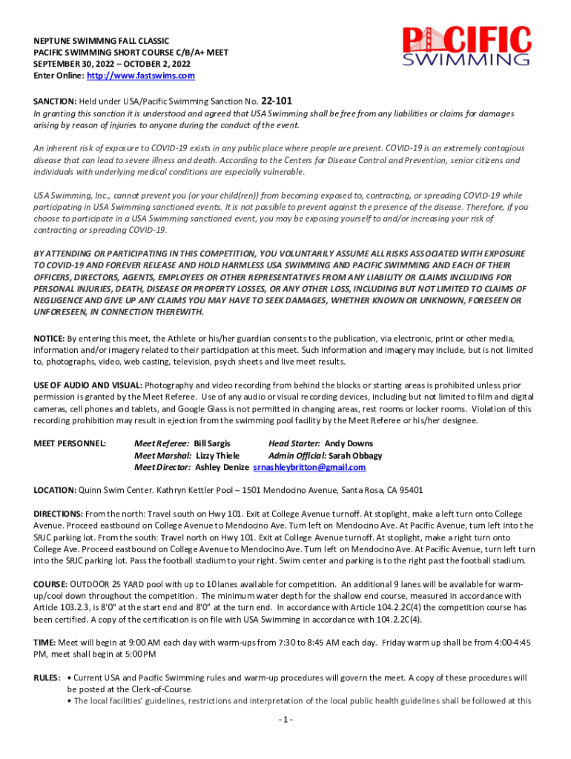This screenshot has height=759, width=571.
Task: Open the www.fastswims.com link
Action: (x=141, y=76)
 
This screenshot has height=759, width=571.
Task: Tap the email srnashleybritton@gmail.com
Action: (x=309, y=468)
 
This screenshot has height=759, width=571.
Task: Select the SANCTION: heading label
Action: (x=54, y=102)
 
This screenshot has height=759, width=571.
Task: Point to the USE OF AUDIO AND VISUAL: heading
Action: (x=88, y=385)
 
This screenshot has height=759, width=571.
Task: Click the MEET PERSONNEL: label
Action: (x=70, y=444)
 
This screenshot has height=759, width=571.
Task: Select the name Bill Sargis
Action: (x=212, y=444)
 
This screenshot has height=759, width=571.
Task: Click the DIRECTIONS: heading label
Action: (x=58, y=514)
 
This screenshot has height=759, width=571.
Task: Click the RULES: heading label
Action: (x=47, y=678)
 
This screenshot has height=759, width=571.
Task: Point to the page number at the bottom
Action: (x=285, y=720)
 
